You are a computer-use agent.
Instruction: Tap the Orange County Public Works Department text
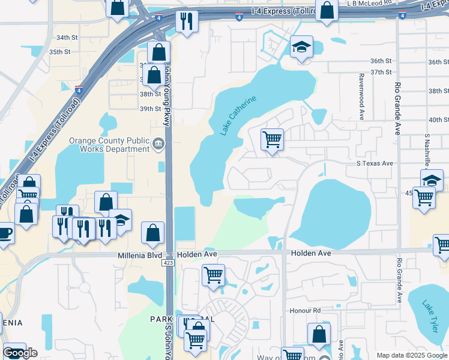109,145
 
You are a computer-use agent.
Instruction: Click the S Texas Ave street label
375,163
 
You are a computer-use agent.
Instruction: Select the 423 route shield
169,263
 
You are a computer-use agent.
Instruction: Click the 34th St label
67,37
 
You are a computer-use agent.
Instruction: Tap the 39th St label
150,109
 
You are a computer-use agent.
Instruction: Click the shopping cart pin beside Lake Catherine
272,140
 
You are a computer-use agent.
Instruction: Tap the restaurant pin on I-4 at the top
187,22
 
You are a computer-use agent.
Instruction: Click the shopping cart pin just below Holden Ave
213,275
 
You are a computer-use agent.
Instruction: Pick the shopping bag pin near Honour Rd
319,335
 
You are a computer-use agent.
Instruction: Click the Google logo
20,353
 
